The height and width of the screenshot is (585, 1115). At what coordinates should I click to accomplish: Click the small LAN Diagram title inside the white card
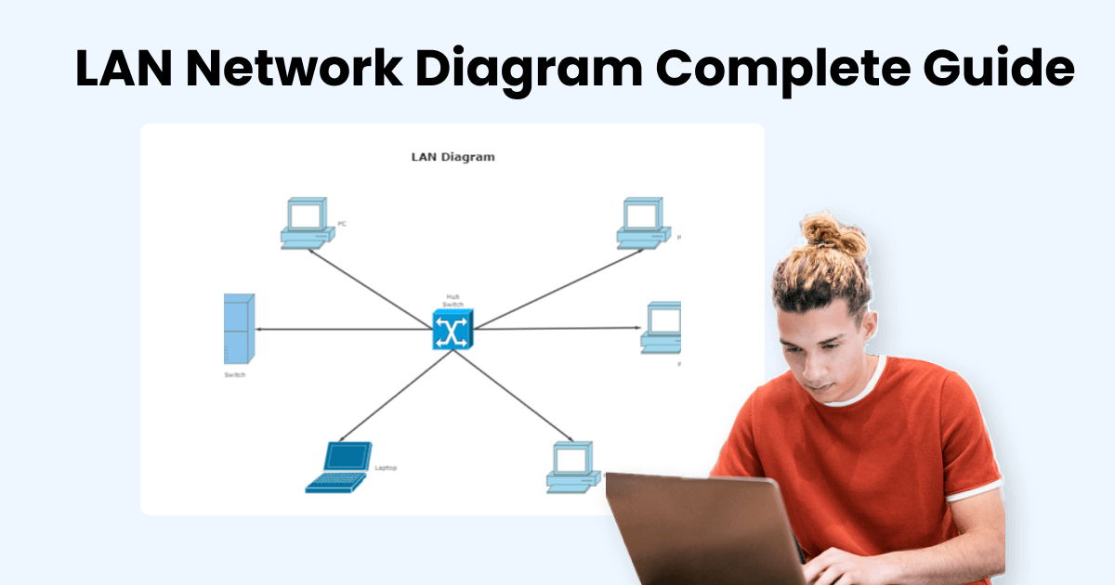click(x=453, y=157)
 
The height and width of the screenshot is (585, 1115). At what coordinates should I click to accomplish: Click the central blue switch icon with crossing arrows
click(x=453, y=330)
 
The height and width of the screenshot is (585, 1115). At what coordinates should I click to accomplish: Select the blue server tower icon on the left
click(x=239, y=329)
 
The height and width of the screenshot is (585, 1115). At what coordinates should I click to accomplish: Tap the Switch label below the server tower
click(x=235, y=375)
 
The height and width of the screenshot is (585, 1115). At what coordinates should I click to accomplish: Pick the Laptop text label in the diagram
click(x=386, y=468)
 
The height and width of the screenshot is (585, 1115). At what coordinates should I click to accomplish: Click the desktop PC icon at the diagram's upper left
click(x=306, y=223)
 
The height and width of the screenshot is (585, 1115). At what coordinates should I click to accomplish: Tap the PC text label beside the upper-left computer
click(x=342, y=224)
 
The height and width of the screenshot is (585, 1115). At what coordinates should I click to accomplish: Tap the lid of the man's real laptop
click(x=697, y=529)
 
